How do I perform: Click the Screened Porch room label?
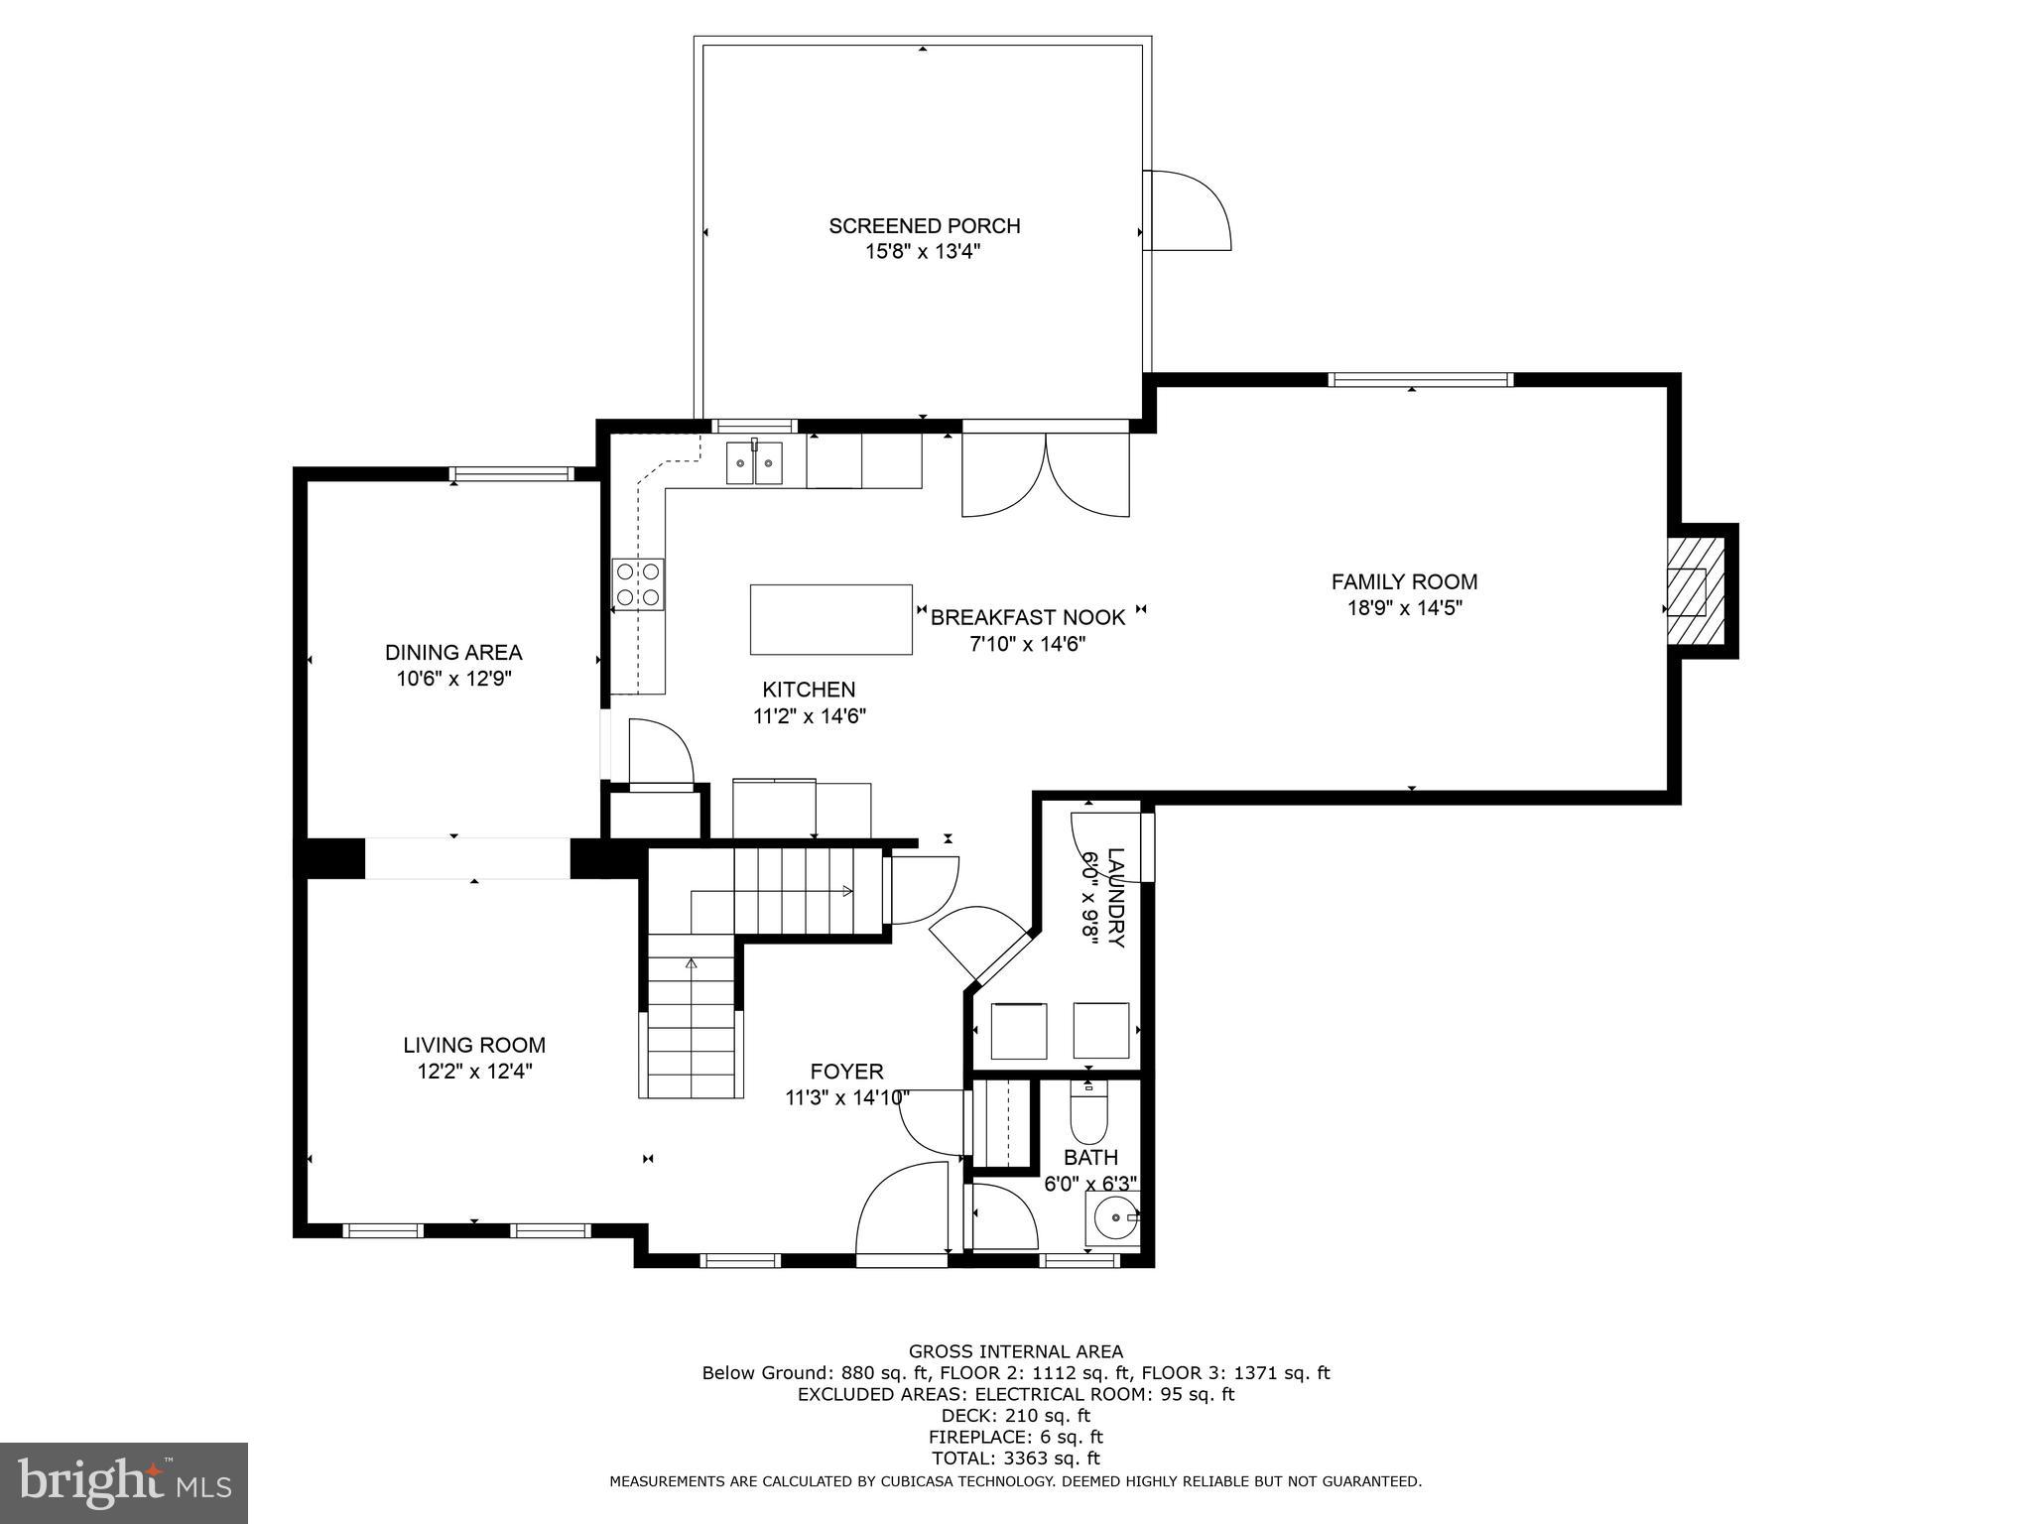[924, 226]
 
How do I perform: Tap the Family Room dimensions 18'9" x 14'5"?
[1404, 608]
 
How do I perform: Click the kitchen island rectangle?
[830, 619]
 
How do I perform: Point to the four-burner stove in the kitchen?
[638, 584]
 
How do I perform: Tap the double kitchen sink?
[754, 463]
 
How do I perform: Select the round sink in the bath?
[1113, 1216]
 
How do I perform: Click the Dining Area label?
[453, 653]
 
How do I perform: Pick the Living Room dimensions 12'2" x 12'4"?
[475, 1072]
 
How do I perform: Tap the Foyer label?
[846, 1072]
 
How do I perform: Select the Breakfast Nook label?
[1027, 618]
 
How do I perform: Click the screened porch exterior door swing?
[1188, 209]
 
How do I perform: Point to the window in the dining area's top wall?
[512, 474]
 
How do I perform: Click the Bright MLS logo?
[124, 1482]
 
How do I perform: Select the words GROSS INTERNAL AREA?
[1015, 1351]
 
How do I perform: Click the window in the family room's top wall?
[1420, 379]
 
